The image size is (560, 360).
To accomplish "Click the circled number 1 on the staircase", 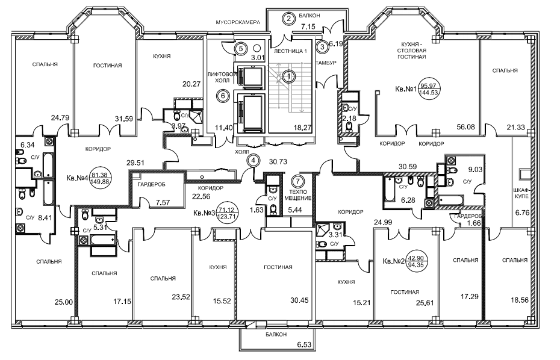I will [290, 76].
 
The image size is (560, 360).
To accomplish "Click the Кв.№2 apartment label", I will [394, 262].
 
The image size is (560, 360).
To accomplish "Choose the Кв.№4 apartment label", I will [78, 178].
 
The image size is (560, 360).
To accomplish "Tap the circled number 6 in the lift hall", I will [223, 95].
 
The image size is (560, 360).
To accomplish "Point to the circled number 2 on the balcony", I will [290, 17].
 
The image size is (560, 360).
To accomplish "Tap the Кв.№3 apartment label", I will [205, 213].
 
